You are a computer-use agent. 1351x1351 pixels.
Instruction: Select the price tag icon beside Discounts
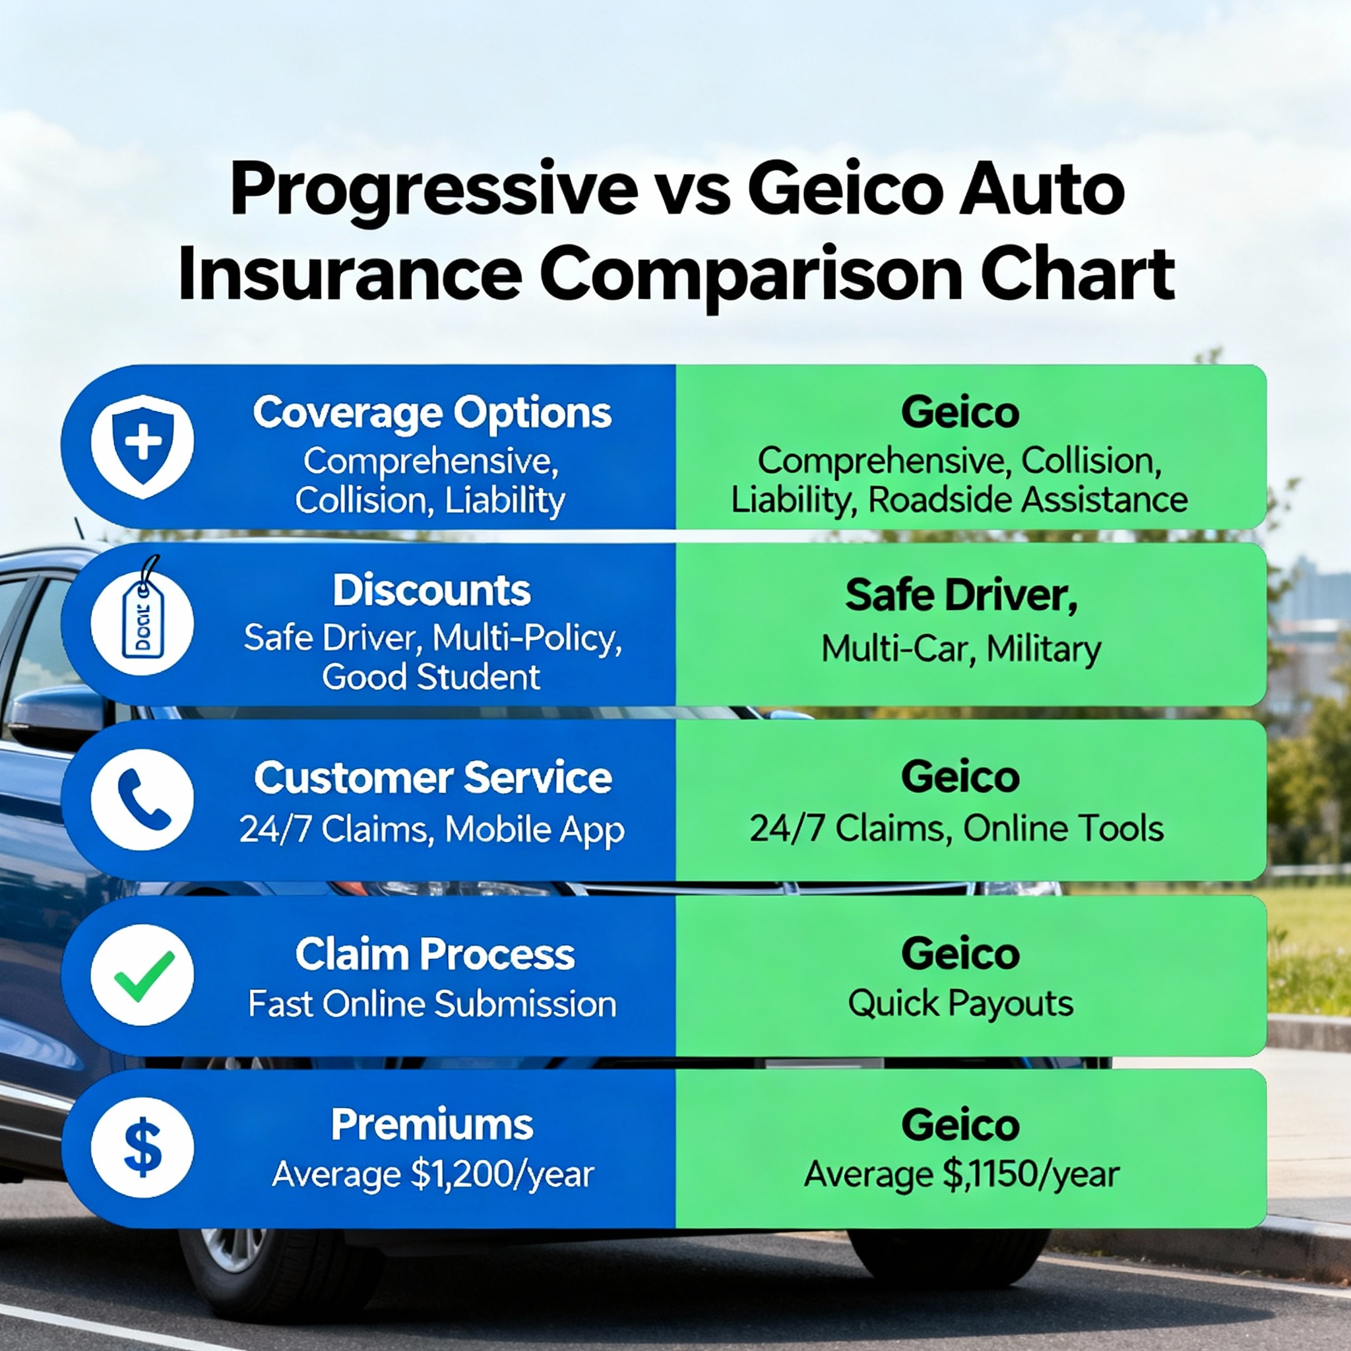(142, 625)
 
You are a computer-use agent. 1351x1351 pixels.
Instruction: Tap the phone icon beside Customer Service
(142, 800)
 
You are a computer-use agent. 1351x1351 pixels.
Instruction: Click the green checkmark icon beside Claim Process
(142, 976)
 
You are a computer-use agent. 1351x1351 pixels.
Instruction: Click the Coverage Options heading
(431, 412)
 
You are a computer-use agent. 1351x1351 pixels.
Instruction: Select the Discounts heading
(431, 591)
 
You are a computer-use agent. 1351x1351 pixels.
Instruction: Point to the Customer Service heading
(432, 778)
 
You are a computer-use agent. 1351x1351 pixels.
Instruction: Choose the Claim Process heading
(434, 955)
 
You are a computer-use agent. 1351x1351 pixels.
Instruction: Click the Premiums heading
(431, 1125)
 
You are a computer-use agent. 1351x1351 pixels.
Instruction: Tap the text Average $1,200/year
(432, 1174)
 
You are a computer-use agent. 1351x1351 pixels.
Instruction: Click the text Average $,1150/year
(962, 1174)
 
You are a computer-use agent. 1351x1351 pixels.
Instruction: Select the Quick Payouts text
(960, 1003)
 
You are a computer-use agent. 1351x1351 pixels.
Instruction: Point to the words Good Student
(431, 677)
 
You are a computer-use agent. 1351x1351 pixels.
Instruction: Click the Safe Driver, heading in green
(960, 596)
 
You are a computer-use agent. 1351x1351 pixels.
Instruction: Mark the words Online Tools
(1063, 829)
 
